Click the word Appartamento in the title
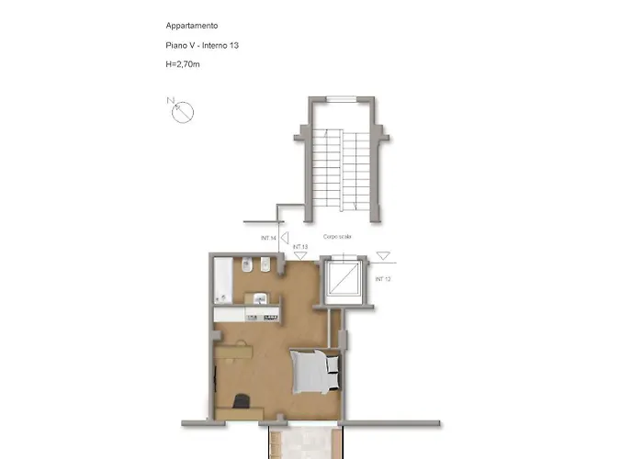[192, 26]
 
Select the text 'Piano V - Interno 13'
[197, 44]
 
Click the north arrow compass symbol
[183, 112]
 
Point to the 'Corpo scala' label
[337, 236]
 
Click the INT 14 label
[269, 239]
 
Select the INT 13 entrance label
[299, 247]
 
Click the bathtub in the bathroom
[221, 280]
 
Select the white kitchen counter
[247, 314]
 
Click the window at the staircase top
[341, 98]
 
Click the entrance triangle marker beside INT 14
[285, 238]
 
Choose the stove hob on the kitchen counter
[268, 314]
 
